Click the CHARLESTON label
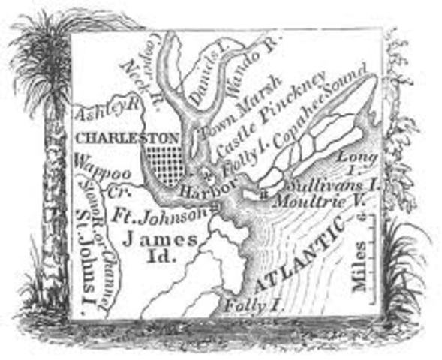pyautogui.click(x=128, y=138)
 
